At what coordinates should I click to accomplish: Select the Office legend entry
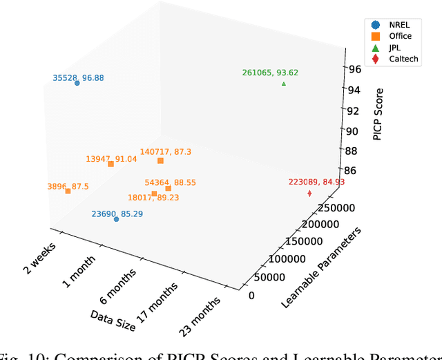[393, 37]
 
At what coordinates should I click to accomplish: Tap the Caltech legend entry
[393, 59]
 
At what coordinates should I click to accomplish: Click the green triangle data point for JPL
[284, 84]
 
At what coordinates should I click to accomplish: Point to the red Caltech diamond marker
[309, 193]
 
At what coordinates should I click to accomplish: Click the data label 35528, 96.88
[78, 77]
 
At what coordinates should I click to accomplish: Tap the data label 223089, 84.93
[316, 182]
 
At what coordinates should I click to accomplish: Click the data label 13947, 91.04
[111, 158]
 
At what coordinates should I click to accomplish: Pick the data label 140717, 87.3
[166, 151]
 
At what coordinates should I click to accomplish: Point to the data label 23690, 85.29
[117, 214]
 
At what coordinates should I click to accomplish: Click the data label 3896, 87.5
[68, 186]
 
